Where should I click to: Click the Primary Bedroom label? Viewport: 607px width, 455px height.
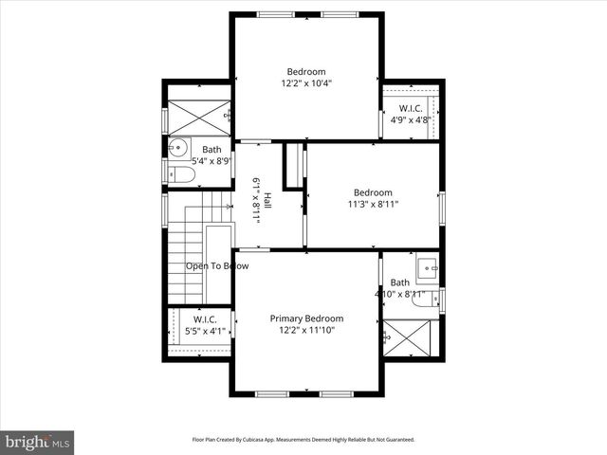pos(306,318)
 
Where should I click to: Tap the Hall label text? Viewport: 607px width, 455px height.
pos(267,200)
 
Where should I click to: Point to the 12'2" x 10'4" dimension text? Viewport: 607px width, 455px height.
pos(306,83)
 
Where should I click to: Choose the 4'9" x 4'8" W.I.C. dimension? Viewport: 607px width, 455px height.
pos(411,120)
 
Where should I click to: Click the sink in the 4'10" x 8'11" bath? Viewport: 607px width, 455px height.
pos(426,266)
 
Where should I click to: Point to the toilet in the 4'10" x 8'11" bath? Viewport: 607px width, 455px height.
pos(428,300)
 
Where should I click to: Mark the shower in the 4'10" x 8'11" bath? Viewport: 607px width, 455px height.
pos(411,337)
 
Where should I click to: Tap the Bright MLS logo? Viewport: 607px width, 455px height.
pos(38,442)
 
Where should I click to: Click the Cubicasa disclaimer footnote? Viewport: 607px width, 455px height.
pos(303,440)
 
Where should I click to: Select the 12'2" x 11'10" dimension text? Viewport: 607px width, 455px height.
pos(306,331)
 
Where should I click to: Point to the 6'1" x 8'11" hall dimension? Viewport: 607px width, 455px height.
pos(256,200)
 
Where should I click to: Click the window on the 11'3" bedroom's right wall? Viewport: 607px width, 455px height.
pos(440,203)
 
